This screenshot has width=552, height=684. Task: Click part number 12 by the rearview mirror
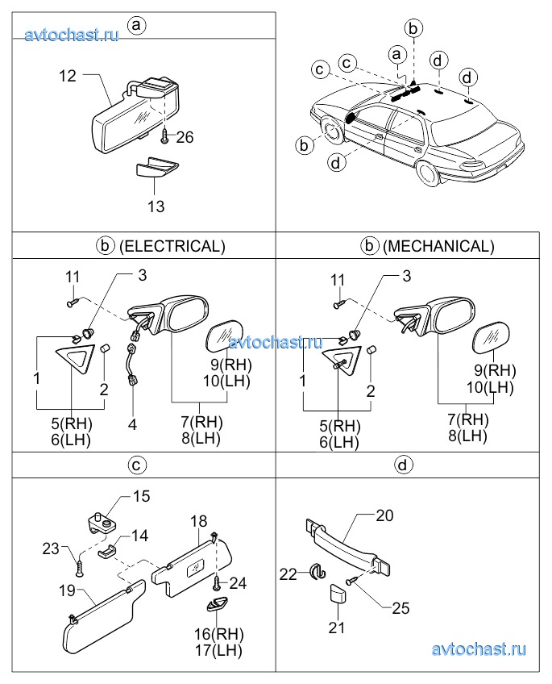coord(68,76)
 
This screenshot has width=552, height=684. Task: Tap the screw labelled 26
coord(164,136)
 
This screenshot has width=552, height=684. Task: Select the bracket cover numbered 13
coord(156,167)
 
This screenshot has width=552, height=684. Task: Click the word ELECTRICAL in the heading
coord(172,247)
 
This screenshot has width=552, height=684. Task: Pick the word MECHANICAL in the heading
coord(438,247)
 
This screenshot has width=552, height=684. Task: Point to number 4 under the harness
coord(132,424)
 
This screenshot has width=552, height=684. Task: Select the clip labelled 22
coord(317,573)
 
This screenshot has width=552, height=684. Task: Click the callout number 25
coord(401,608)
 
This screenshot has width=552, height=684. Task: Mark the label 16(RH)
coord(218,634)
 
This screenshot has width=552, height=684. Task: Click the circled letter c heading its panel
coord(136,465)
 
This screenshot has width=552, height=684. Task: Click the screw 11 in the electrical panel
coord(73,302)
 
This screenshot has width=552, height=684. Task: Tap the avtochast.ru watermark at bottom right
coord(479,649)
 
